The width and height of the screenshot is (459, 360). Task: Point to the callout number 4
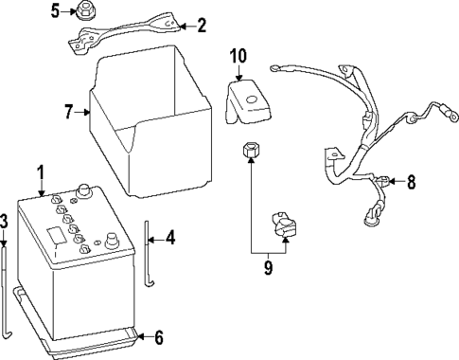point(169,237)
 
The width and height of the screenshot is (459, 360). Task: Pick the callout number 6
point(158,336)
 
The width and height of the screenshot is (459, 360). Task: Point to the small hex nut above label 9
point(251,151)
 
